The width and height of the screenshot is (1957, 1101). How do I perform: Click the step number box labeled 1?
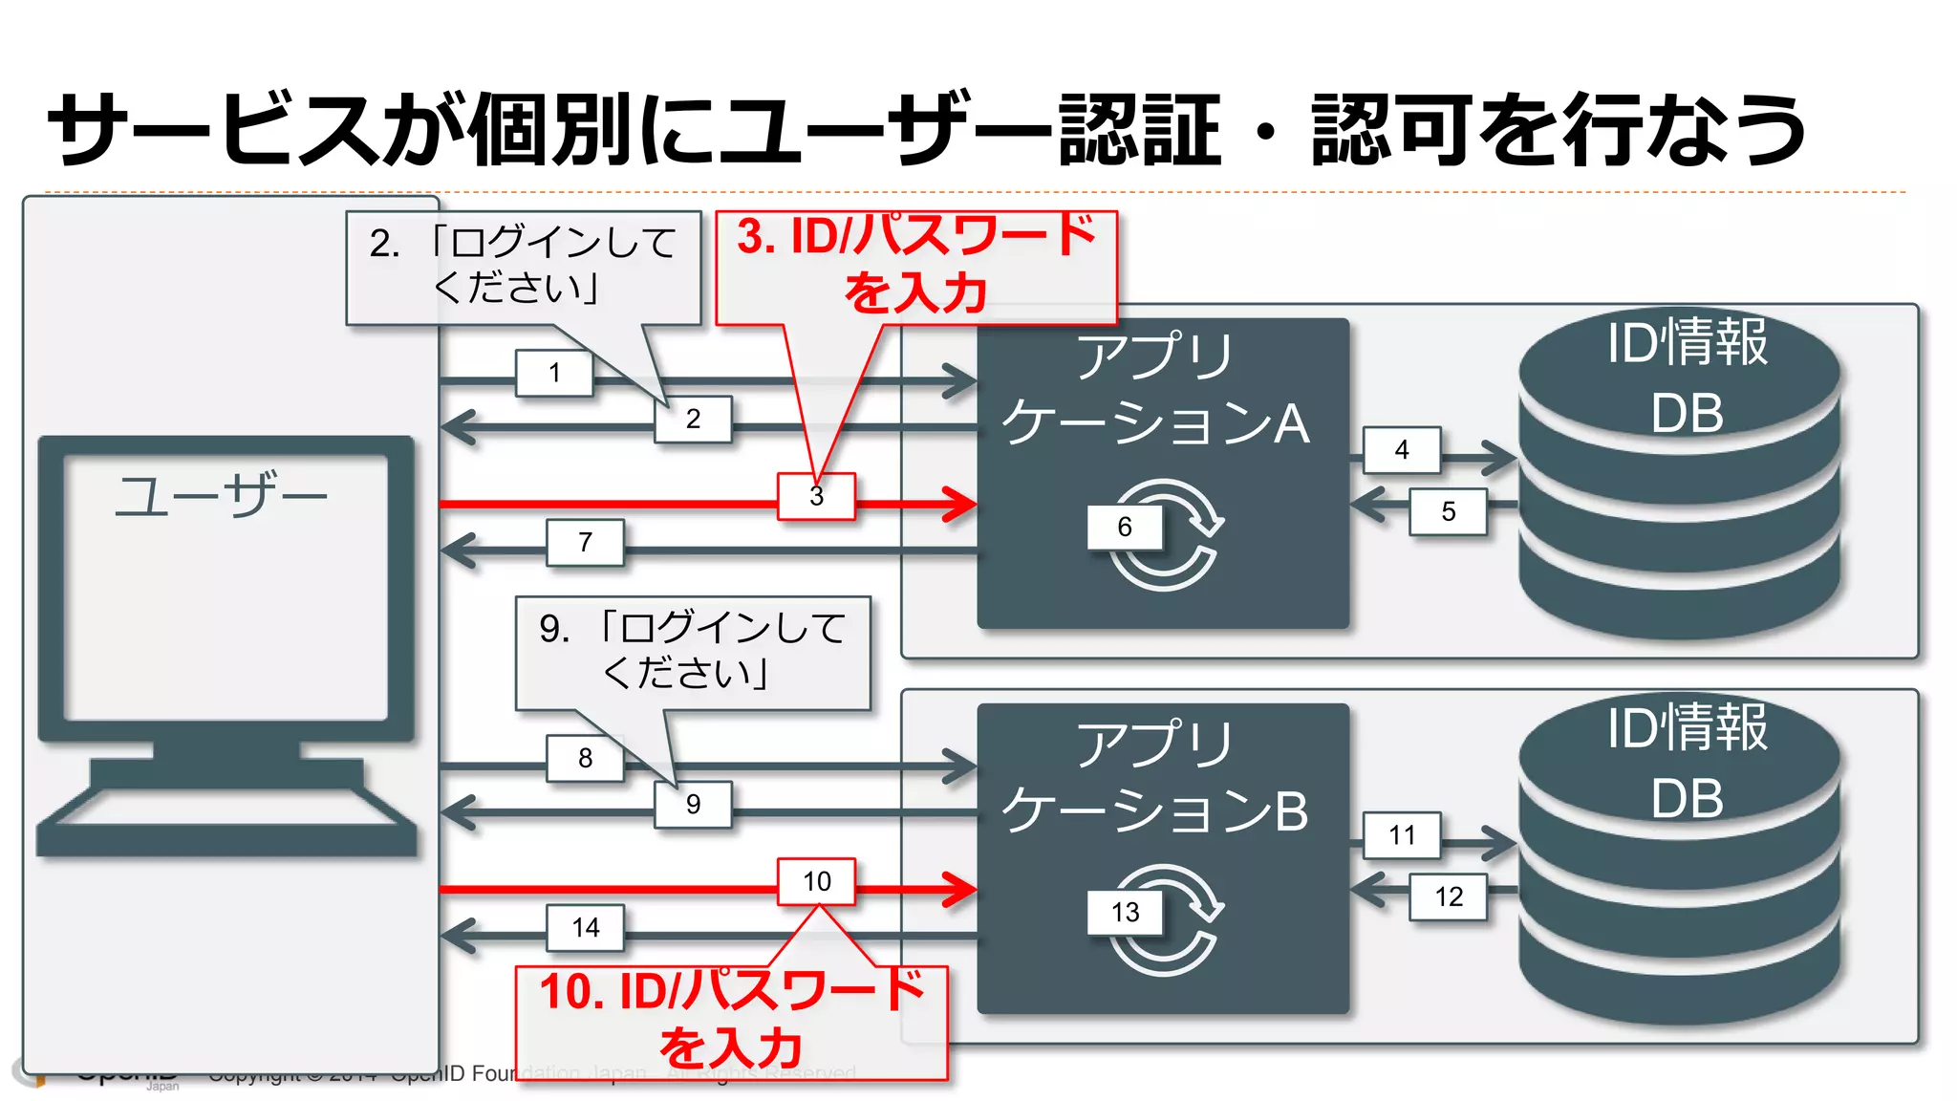(554, 373)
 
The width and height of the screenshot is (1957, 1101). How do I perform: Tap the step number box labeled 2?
(693, 419)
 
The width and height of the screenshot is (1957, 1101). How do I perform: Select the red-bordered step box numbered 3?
(816, 497)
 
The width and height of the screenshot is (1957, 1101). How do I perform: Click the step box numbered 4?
(1402, 450)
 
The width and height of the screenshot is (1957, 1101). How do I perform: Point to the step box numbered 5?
(1449, 511)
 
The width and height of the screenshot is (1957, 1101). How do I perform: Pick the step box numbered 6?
(1125, 527)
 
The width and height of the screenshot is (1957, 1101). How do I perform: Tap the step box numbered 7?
(585, 543)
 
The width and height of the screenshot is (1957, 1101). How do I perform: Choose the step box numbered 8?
(585, 758)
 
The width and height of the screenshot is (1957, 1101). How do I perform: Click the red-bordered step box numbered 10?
(816, 881)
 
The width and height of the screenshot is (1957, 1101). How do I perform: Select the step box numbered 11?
(1402, 835)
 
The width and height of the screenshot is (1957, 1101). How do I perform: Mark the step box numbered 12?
(1449, 896)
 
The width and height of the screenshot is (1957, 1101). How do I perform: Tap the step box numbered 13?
(1125, 912)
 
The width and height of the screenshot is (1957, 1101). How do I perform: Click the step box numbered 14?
(585, 927)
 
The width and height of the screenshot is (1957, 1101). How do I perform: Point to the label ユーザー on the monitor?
(221, 496)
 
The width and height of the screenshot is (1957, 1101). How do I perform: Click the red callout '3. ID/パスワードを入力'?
(916, 265)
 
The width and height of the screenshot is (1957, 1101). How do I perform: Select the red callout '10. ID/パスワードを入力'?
(731, 1021)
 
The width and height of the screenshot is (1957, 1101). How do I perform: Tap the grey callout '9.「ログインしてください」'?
(693, 652)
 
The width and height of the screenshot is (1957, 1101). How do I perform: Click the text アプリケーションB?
(1155, 776)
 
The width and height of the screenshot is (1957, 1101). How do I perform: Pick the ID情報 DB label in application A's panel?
(1687, 377)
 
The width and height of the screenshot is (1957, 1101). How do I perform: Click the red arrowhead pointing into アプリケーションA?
(958, 504)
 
